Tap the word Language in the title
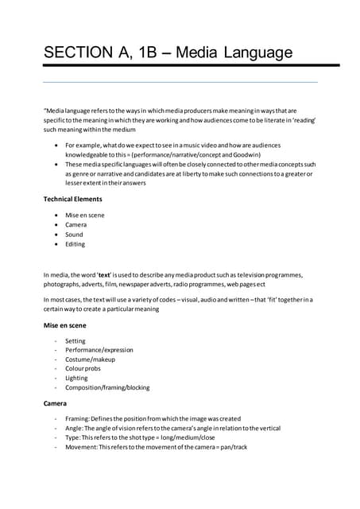point(257,53)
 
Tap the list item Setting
point(75,341)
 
